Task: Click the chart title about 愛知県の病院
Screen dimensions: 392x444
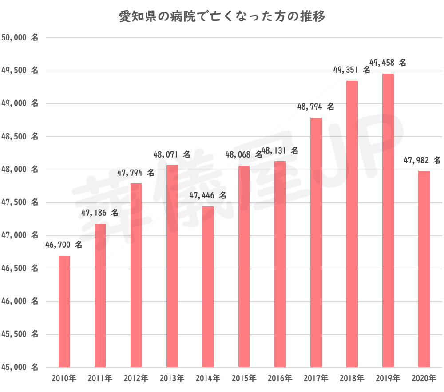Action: pos(222,17)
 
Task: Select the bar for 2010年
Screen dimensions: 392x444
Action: pos(64,311)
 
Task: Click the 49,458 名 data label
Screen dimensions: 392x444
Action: pos(388,63)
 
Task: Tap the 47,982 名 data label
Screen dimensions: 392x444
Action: pos(422,160)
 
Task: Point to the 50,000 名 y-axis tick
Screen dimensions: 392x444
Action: pos(20,38)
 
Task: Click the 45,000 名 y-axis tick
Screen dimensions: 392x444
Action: pos(20,368)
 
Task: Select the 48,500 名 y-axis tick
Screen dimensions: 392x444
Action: pos(20,137)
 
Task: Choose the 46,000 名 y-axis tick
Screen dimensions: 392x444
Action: pos(20,301)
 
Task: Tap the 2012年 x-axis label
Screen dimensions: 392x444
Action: pos(136,379)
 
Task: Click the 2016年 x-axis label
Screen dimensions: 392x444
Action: pos(280,379)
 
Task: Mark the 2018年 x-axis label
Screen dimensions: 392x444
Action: pos(352,379)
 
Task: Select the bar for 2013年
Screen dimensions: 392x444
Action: pos(172,266)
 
